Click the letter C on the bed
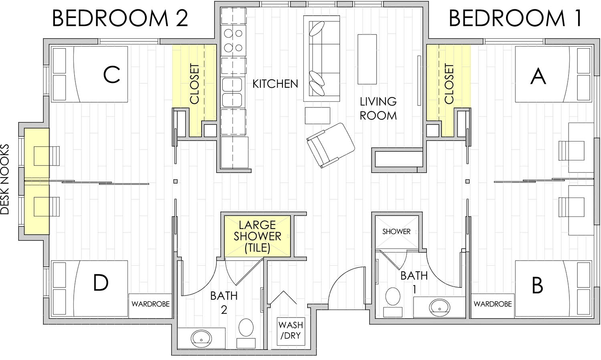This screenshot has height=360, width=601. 111,74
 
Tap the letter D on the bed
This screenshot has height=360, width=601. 101,283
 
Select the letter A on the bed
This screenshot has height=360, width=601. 538,76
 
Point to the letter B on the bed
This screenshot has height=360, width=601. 537,285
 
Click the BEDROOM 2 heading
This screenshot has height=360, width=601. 120,18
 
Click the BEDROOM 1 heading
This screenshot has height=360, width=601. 515,18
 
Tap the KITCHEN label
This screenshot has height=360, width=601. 275,84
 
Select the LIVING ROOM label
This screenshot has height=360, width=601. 378,109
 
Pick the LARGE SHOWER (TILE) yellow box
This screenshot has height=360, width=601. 257,236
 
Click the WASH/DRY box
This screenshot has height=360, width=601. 291,331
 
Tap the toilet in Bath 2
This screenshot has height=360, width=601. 246,328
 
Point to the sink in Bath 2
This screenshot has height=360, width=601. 201,338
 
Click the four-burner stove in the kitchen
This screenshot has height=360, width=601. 233,40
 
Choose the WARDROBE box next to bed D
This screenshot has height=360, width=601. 150,304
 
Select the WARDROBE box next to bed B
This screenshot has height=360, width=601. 492,304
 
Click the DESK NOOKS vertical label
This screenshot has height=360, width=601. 5,179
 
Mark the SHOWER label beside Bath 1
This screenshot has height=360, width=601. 396,232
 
